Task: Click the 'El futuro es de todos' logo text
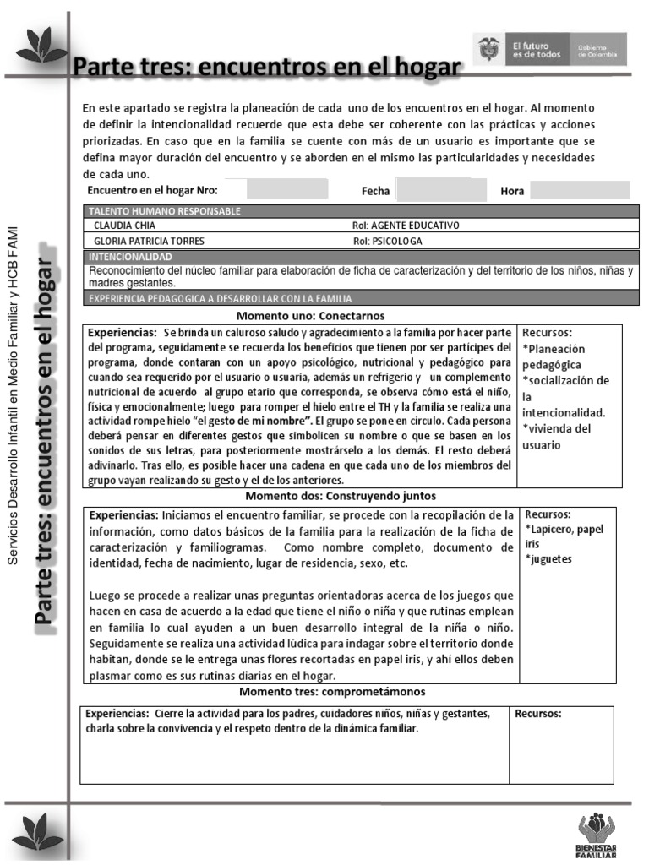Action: click(x=529, y=50)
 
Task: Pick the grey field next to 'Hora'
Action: click(x=579, y=190)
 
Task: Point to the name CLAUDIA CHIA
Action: click(x=124, y=226)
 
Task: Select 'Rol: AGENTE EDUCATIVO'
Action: click(x=405, y=226)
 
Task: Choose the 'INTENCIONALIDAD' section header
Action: click(x=130, y=256)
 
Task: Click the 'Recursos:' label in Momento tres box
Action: click(x=538, y=713)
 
